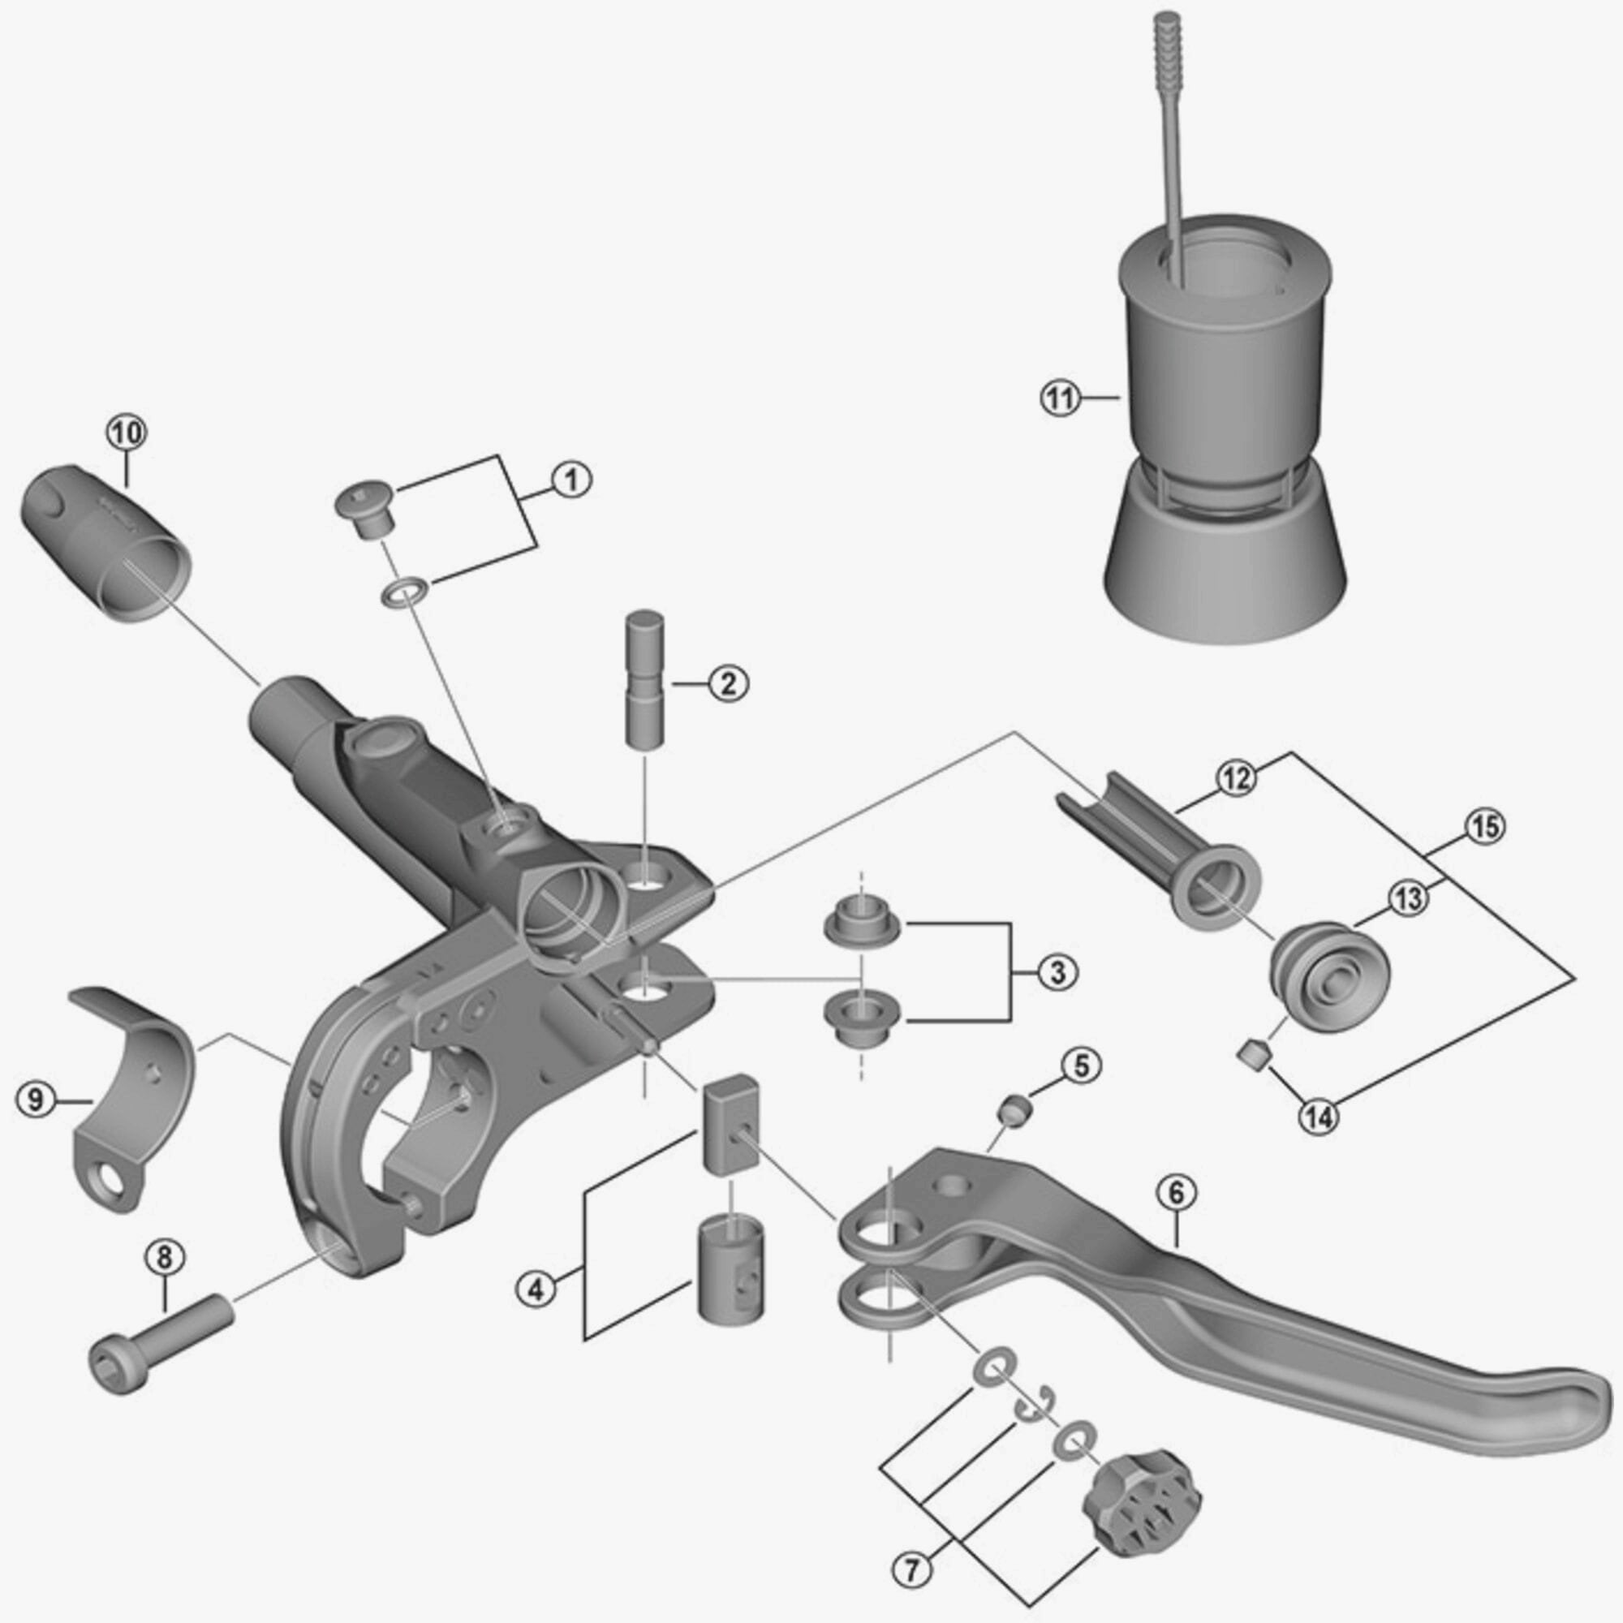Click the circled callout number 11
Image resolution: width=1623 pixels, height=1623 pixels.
coord(1060,398)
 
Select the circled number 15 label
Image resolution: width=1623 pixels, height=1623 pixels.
coord(1483,828)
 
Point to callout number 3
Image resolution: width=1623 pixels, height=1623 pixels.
coord(1057,973)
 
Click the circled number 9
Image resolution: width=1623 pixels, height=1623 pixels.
coord(35,1100)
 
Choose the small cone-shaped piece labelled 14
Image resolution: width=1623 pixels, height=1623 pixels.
coord(1255,1054)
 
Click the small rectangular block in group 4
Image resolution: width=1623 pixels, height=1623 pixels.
coord(730,1121)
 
